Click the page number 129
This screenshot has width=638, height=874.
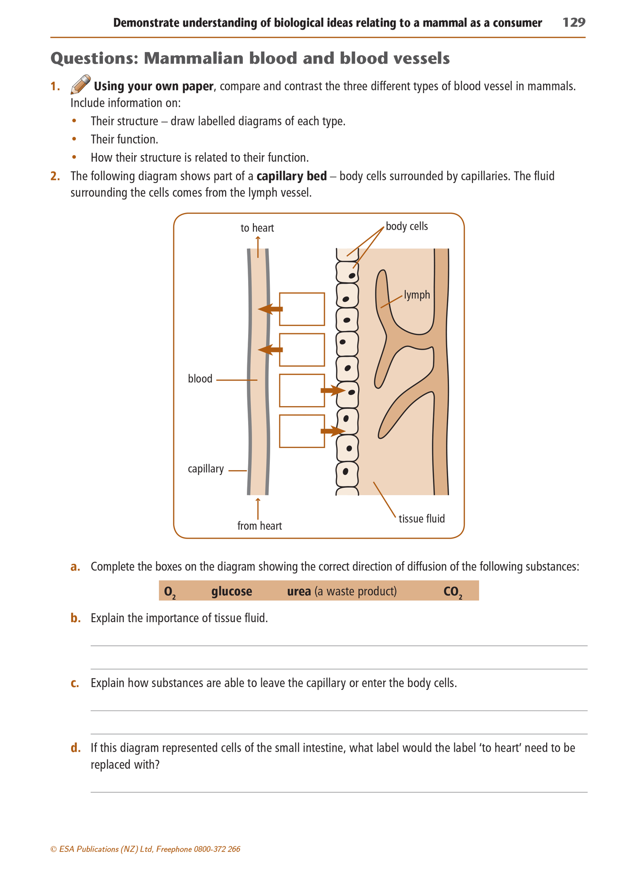coord(574,23)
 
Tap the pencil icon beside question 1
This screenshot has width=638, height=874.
coord(80,84)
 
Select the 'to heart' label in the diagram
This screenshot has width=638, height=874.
coord(257,228)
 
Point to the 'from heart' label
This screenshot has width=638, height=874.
coord(259,526)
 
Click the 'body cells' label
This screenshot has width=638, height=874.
coord(407,227)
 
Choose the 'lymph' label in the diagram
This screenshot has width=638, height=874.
coord(417,295)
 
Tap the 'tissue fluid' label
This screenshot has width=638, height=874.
coord(422,519)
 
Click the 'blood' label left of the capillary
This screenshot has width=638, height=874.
coord(200,379)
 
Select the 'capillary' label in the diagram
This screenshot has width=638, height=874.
coord(206,469)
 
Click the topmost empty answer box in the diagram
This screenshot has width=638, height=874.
coord(302,309)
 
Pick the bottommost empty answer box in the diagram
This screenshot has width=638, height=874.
coord(302,431)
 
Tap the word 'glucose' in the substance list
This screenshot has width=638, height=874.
coord(231,591)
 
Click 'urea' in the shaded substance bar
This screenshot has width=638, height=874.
coord(299,591)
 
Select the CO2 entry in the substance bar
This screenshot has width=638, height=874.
coord(453,592)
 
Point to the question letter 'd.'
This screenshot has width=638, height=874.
coord(76,748)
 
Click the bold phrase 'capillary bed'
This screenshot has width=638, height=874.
coord(291,176)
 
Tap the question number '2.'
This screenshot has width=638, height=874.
coord(55,176)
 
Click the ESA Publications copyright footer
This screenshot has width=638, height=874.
coord(145,849)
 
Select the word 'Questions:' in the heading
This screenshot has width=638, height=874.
coord(94,58)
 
